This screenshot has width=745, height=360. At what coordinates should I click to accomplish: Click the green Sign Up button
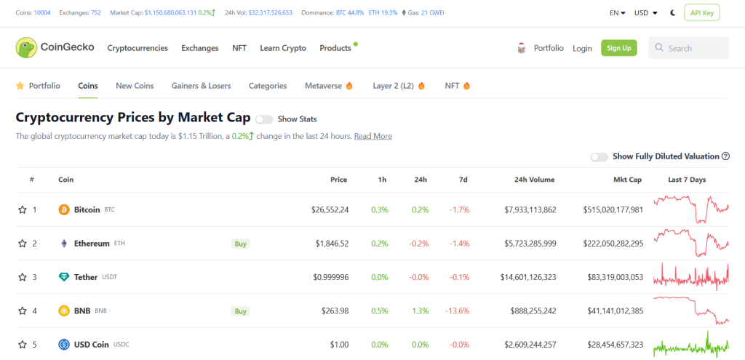(618, 48)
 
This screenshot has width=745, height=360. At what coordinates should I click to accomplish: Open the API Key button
(701, 12)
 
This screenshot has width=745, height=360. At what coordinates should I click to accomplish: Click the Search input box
(688, 48)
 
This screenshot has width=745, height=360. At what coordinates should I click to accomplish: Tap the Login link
(582, 48)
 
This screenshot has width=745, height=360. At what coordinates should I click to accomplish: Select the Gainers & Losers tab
(201, 86)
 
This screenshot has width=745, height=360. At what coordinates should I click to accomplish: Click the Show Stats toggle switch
(264, 119)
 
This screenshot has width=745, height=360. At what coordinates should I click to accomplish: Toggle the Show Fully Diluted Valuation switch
(599, 156)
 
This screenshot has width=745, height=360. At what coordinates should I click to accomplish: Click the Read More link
(372, 136)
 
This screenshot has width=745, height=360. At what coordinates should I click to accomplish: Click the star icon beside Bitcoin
(23, 209)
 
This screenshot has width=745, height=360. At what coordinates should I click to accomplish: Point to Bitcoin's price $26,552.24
(330, 209)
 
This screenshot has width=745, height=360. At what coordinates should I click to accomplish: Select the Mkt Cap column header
(626, 180)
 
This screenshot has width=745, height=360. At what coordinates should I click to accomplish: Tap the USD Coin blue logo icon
(64, 345)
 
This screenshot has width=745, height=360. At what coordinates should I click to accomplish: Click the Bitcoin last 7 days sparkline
(690, 209)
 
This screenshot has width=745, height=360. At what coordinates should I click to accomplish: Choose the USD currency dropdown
(645, 12)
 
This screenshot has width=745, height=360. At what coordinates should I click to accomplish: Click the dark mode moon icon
(673, 12)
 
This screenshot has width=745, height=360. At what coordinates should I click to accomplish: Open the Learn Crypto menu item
(283, 48)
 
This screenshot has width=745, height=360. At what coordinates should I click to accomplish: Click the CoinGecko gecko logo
(27, 48)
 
